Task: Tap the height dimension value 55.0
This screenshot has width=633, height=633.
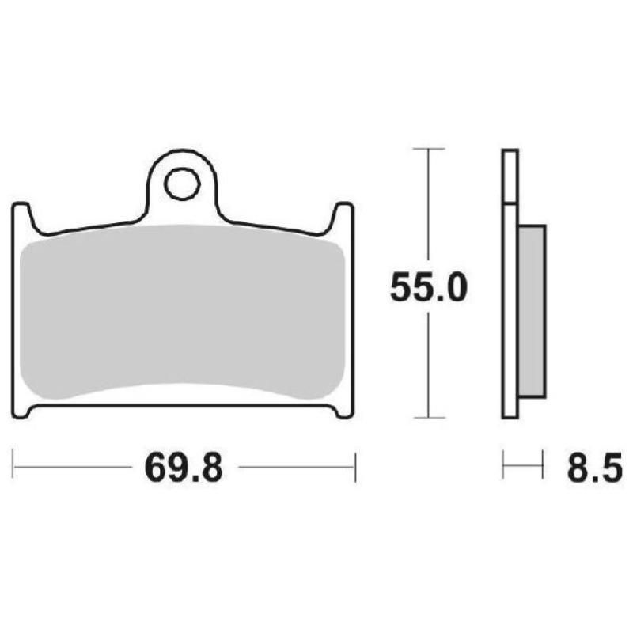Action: click(x=429, y=289)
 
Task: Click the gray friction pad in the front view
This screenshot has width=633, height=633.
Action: click(x=182, y=316)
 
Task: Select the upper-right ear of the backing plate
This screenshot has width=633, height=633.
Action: click(x=343, y=217)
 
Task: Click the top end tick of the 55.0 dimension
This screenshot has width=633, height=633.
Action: click(x=428, y=148)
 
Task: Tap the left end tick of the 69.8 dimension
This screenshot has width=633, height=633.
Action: click(x=13, y=467)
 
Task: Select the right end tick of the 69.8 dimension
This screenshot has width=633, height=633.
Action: click(x=354, y=467)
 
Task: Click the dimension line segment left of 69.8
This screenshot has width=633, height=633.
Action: click(x=71, y=467)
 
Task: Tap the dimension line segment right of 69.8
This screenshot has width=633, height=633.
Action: click(x=297, y=467)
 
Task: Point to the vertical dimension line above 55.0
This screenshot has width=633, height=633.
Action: click(x=428, y=206)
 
